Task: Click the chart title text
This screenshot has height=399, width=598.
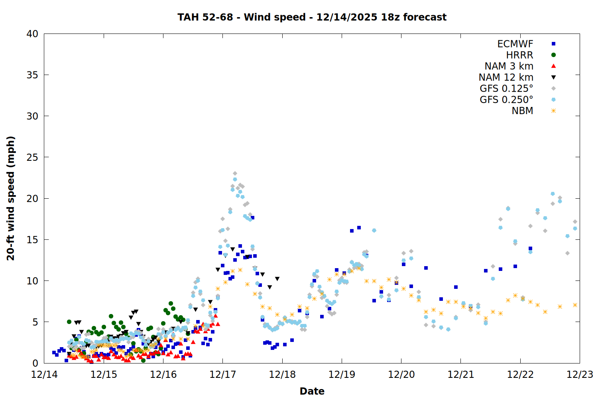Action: tap(312, 17)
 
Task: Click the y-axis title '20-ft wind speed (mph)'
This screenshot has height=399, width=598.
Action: tap(11, 198)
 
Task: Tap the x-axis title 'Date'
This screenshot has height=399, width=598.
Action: tap(312, 391)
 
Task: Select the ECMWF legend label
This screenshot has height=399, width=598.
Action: tap(515, 44)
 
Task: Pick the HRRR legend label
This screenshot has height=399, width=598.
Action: tap(519, 55)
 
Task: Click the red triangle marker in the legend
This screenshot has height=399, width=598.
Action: tap(553, 66)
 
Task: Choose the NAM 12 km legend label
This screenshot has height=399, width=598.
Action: tap(506, 77)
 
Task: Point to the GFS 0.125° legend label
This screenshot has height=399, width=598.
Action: tap(506, 89)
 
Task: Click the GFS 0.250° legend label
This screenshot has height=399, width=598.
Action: tap(506, 100)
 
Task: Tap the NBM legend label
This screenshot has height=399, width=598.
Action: tap(522, 111)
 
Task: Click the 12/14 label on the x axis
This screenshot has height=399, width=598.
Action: tap(44, 375)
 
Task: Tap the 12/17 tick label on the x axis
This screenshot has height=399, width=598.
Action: tap(222, 375)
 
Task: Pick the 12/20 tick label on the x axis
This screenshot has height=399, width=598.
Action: tap(401, 375)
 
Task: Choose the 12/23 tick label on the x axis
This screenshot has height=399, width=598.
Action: tap(580, 375)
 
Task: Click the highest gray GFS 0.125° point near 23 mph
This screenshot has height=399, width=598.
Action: tap(235, 174)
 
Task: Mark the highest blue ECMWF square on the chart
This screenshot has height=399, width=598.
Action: tap(252, 218)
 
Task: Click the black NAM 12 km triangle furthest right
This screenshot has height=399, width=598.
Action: tap(277, 279)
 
